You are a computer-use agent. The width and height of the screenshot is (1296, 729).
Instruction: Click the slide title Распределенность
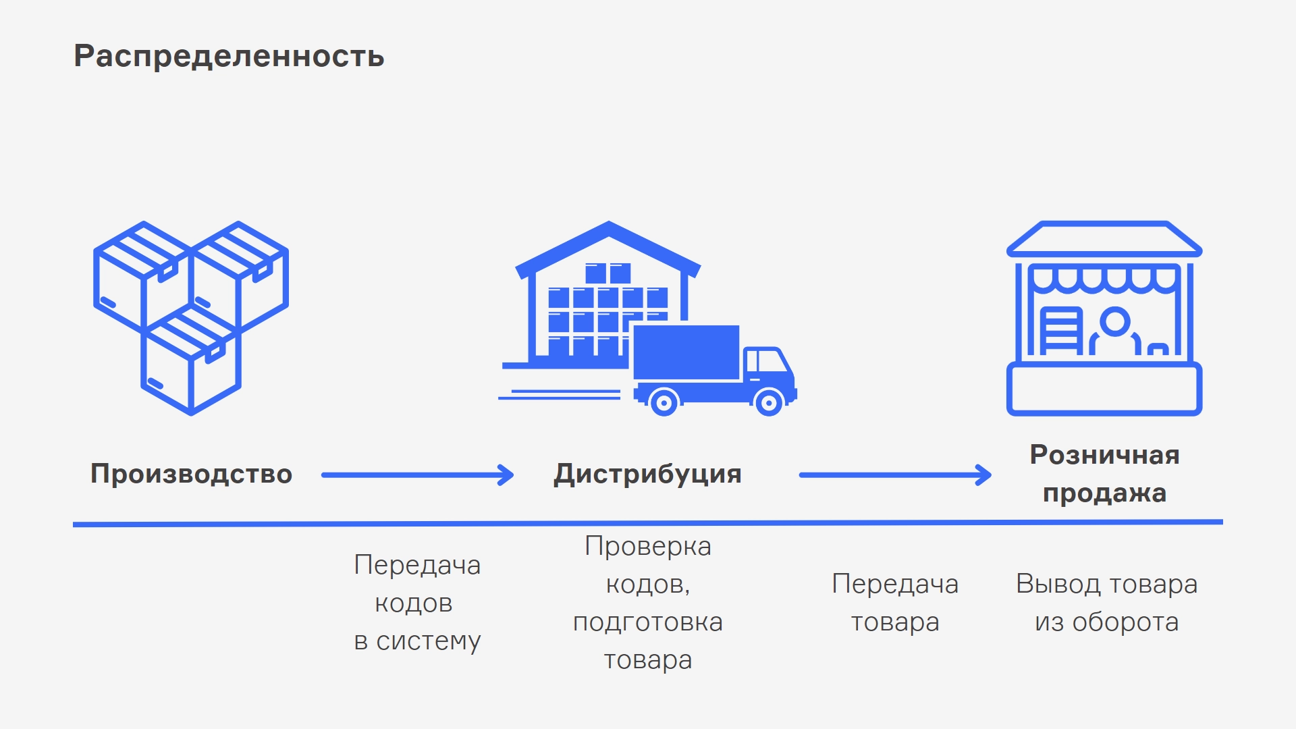coord(229,56)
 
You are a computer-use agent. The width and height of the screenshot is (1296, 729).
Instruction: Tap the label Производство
coord(192,474)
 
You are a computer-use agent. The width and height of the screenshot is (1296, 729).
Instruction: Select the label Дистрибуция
coord(647,474)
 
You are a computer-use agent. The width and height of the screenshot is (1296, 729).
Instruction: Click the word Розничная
coord(1104,455)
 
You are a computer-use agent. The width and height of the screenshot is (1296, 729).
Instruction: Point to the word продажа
coord(1104,493)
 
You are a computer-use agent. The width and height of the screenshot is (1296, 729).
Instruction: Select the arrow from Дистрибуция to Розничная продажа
coord(895,475)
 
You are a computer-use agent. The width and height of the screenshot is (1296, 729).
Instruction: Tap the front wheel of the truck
coord(768,403)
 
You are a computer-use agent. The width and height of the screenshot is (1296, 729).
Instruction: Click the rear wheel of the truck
coord(664,403)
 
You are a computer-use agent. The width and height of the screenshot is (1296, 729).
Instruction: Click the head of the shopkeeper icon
coord(1114,321)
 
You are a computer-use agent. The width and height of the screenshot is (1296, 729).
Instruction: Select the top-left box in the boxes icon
coord(142,277)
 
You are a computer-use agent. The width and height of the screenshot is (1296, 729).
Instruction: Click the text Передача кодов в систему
coord(417,603)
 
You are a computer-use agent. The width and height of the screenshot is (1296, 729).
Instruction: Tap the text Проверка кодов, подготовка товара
coord(647,603)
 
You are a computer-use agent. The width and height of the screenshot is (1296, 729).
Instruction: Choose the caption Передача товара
coord(895,603)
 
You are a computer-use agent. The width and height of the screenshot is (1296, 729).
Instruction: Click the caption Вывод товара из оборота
coord(1106,603)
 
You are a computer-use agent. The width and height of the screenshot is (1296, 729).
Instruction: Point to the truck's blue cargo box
coord(686,352)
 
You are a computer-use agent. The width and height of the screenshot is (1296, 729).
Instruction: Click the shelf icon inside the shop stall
coord(1060,331)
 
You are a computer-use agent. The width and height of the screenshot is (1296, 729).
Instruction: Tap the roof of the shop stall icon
coord(1104,239)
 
